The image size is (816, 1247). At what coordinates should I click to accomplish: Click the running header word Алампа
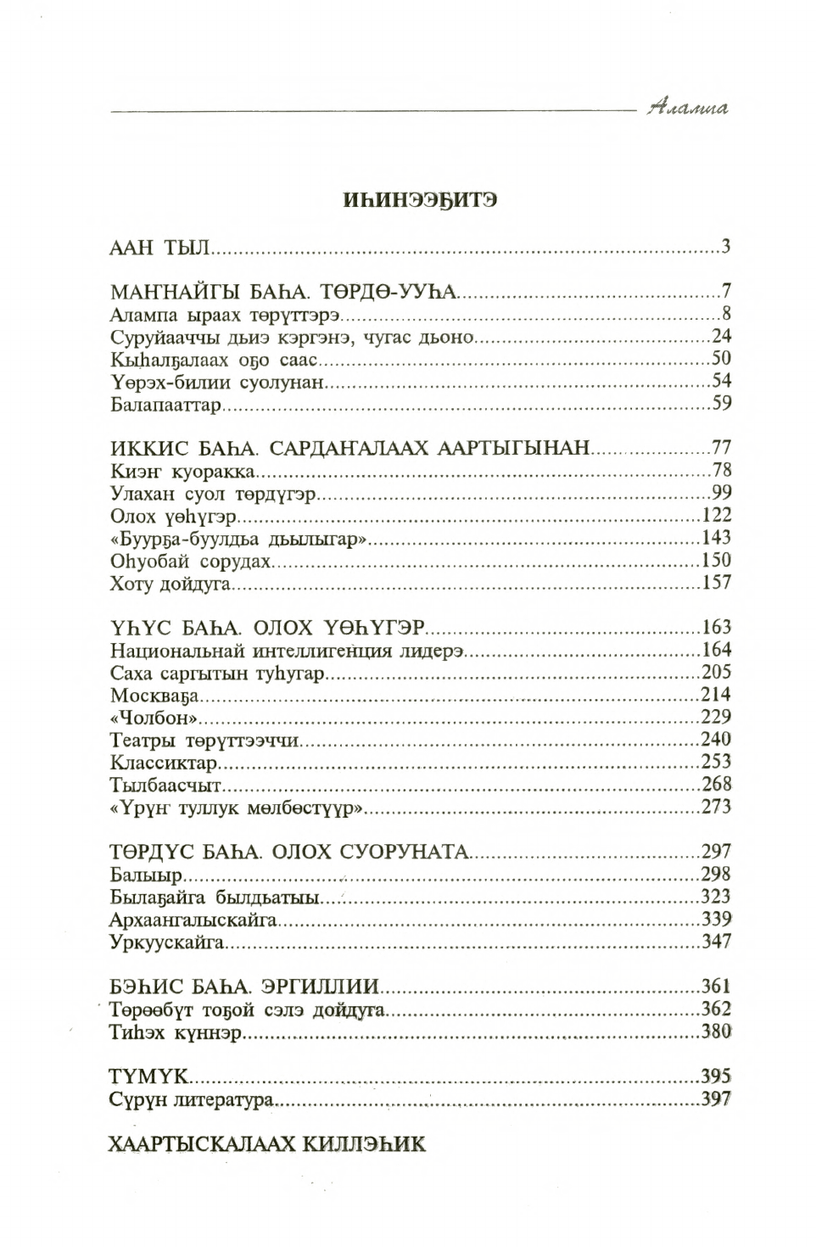[687, 109]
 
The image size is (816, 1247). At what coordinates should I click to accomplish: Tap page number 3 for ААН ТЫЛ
[726, 248]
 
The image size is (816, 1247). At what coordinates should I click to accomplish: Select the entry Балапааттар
[165, 404]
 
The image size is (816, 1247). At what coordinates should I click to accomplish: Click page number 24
[721, 335]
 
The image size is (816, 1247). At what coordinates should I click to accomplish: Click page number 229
[717, 717]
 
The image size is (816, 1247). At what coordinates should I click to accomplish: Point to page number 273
[717, 807]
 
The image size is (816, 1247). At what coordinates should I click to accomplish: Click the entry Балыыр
[141, 875]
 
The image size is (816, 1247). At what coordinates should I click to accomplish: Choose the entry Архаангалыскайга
[194, 919]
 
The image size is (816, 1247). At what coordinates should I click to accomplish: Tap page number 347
[717, 942]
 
